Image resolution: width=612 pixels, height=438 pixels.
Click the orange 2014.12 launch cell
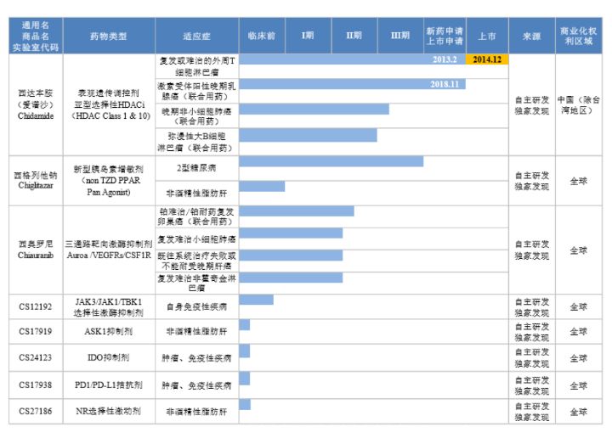[487, 60]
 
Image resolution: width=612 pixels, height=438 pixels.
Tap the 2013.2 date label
[445, 60]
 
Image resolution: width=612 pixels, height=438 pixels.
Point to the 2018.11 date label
[445, 85]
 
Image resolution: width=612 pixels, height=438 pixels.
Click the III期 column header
[399, 36]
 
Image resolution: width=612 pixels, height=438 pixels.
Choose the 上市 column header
[487, 36]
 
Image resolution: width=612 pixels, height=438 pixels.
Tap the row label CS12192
[37, 306]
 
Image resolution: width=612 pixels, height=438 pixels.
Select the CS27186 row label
[37, 411]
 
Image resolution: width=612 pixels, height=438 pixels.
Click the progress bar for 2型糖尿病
[331, 161]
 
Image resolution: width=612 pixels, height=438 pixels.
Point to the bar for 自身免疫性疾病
[256, 300]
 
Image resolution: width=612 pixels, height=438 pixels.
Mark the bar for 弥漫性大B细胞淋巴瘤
[308, 136]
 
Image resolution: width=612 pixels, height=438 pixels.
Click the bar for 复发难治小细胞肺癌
[291, 233]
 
